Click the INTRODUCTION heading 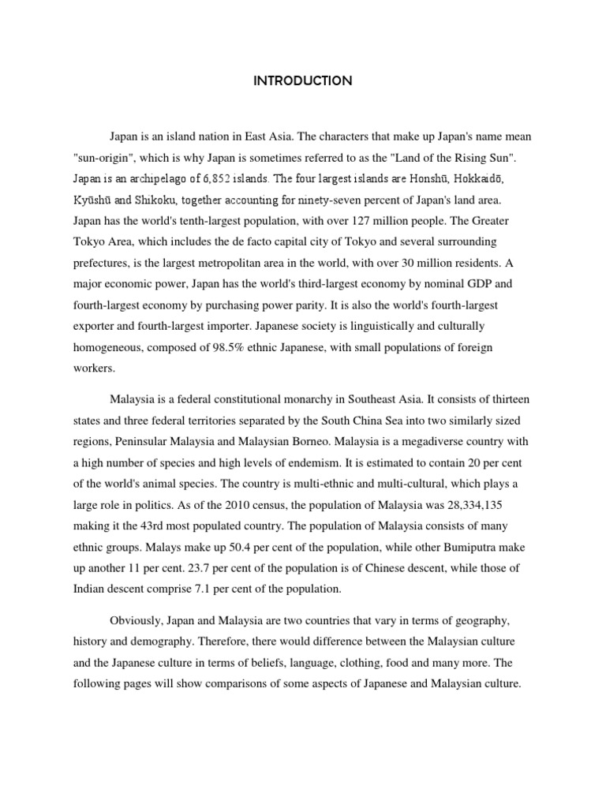[303, 81]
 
